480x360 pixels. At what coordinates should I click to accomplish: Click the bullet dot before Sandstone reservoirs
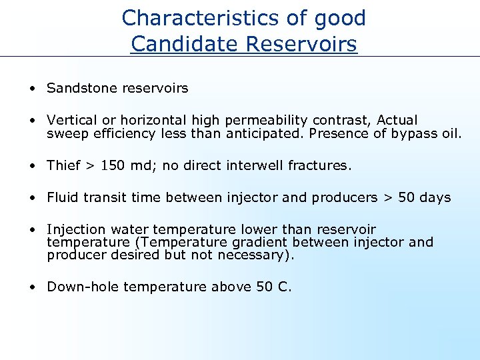coord(32,89)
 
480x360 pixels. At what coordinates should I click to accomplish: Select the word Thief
coord(63,165)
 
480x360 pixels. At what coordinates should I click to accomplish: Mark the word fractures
coord(319,165)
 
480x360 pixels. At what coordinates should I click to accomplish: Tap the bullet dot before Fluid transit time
coord(32,198)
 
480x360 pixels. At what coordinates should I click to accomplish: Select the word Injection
coord(75,229)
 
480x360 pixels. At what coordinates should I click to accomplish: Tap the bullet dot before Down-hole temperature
coord(32,287)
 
